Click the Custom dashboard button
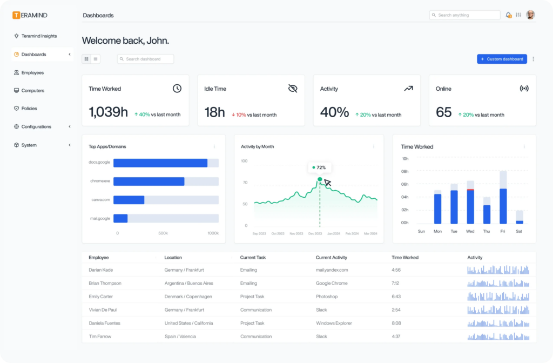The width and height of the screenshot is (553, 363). click(502, 59)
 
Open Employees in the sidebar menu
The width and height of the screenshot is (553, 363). click(32, 72)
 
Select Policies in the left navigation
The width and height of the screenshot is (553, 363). click(29, 109)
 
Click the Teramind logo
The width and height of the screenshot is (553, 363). click(35, 15)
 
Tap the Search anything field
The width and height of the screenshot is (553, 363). click(465, 15)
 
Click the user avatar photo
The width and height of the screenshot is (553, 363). click(530, 15)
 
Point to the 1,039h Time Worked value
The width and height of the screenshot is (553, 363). click(108, 112)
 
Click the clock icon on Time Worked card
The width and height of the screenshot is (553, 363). click(177, 89)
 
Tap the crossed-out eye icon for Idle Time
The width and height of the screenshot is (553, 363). click(293, 89)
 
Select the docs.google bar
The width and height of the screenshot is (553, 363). click(160, 163)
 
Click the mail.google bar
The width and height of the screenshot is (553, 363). click(120, 218)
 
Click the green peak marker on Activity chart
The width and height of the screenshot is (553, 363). click(320, 179)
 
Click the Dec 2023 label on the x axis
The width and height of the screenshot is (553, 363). click(315, 234)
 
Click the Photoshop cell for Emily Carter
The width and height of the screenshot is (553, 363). click(327, 297)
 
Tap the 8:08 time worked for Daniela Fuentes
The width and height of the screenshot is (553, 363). click(397, 323)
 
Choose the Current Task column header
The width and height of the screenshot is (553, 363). click(253, 258)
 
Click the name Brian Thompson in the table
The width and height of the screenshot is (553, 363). click(105, 283)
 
